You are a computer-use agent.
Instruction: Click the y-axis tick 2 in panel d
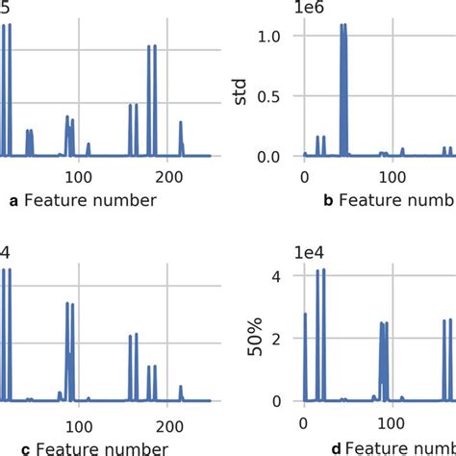[277, 340]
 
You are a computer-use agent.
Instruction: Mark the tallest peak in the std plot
[343, 26]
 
